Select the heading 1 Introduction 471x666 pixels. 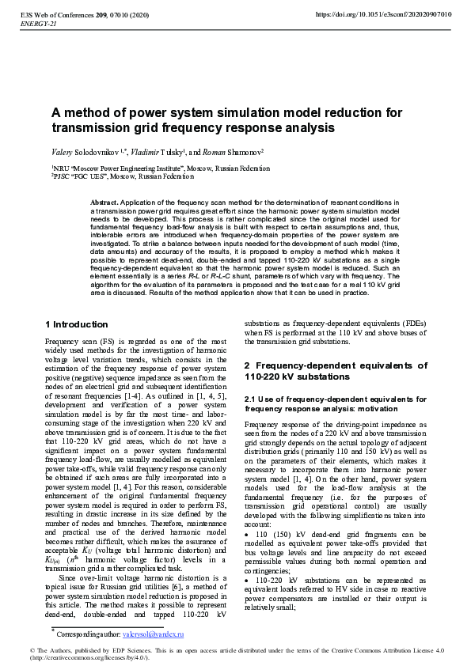click(77, 324)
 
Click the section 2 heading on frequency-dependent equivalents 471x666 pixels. click(336, 371)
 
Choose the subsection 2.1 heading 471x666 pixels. click(336, 404)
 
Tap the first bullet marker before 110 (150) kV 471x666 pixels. click(247, 534)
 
